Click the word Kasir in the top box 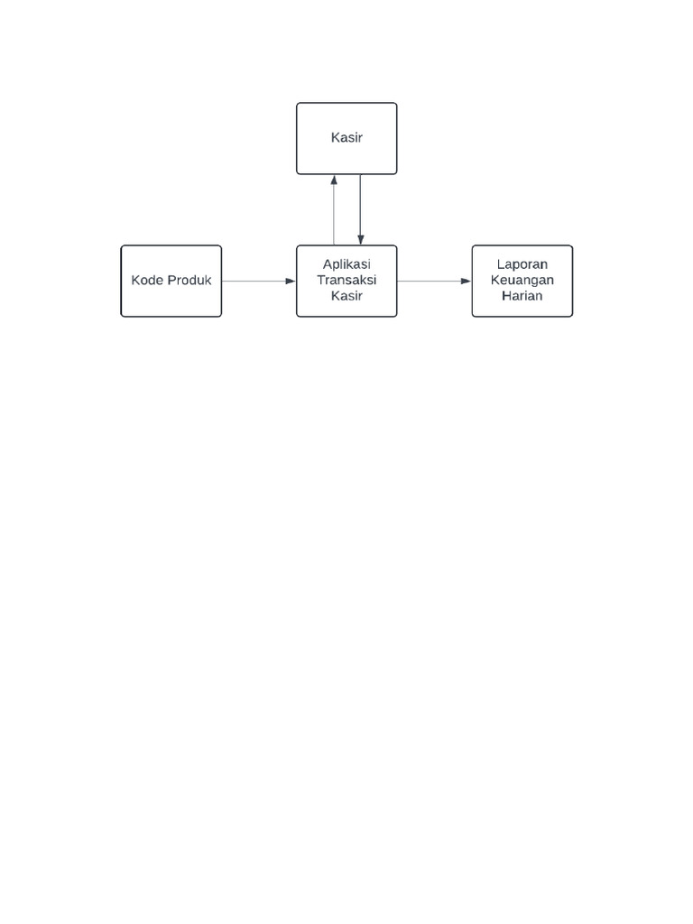click(x=346, y=138)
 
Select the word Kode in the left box click(x=148, y=281)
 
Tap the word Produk click(x=189, y=281)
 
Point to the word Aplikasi click(x=346, y=264)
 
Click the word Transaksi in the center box click(x=346, y=280)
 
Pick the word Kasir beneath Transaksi click(x=346, y=295)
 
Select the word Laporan click(x=522, y=264)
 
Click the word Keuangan click(x=522, y=280)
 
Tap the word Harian click(x=522, y=295)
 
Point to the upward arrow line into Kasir click(x=334, y=213)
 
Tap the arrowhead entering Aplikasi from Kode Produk click(x=291, y=282)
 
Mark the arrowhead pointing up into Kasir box click(x=334, y=180)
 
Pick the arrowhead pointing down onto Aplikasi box click(x=360, y=239)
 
